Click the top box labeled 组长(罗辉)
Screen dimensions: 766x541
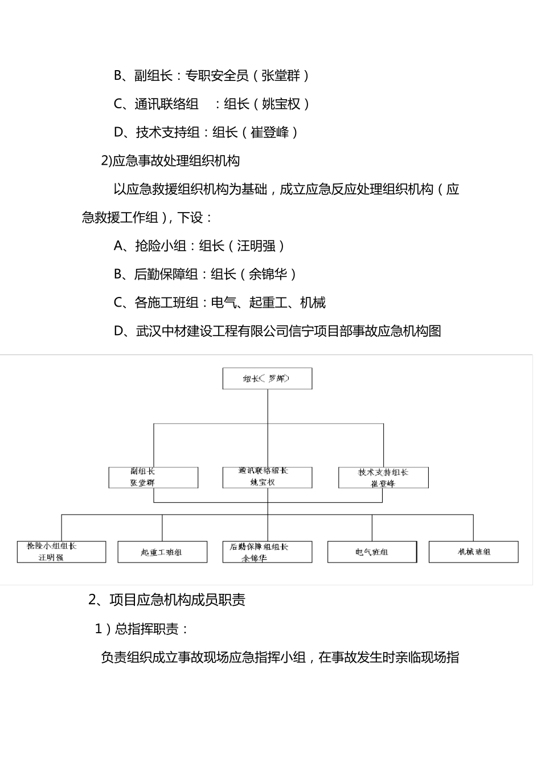[267, 378]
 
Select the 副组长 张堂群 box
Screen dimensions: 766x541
[153, 478]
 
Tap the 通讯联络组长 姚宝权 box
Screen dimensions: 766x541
[267, 478]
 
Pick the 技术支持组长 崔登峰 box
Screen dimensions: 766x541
[383, 478]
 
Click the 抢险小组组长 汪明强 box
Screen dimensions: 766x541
[62, 552]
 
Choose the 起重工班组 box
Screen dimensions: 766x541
[162, 552]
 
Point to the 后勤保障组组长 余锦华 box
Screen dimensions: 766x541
[267, 552]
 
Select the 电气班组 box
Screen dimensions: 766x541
[372, 552]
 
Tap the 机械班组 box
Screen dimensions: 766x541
[473, 552]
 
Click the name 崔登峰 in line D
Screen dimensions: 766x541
[270, 132]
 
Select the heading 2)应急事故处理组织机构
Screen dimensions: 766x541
[170, 161]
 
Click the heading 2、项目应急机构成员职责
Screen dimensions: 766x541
[167, 600]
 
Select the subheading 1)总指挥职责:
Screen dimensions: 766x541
[142, 629]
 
